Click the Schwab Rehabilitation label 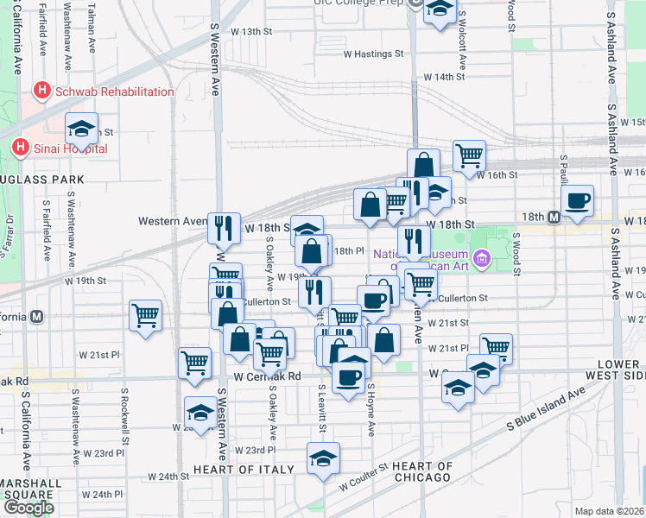click(x=112, y=92)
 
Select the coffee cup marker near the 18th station click(x=577, y=202)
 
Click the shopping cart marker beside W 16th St click(x=469, y=156)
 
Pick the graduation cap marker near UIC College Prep click(x=440, y=10)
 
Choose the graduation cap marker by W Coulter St click(x=323, y=458)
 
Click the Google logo click(x=28, y=508)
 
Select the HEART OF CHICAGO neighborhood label click(x=422, y=471)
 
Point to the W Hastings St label click(x=373, y=54)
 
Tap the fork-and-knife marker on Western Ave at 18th click(x=224, y=228)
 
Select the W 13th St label click(x=251, y=32)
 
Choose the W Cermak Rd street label click(x=267, y=376)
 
